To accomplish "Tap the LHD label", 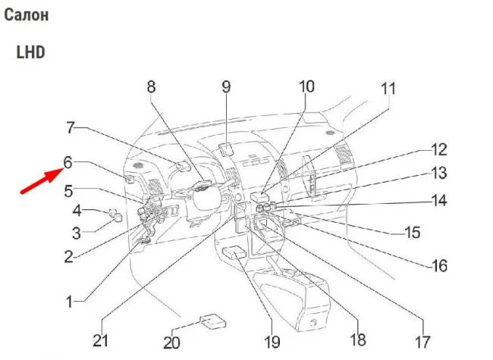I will click(30, 52).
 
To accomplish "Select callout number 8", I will click(151, 87).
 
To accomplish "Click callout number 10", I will click(306, 86).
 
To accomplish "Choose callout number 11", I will click(388, 89).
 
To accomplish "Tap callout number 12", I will click(439, 149).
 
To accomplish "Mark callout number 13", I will click(439, 174).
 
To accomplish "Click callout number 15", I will click(411, 233).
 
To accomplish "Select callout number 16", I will click(438, 266).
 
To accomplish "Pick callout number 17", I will click(422, 341).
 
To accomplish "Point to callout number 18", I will click(356, 339).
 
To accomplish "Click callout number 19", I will click(272, 341).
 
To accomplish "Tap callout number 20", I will click(172, 342).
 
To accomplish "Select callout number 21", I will click(101, 340).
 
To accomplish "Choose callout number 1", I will click(69, 302).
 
